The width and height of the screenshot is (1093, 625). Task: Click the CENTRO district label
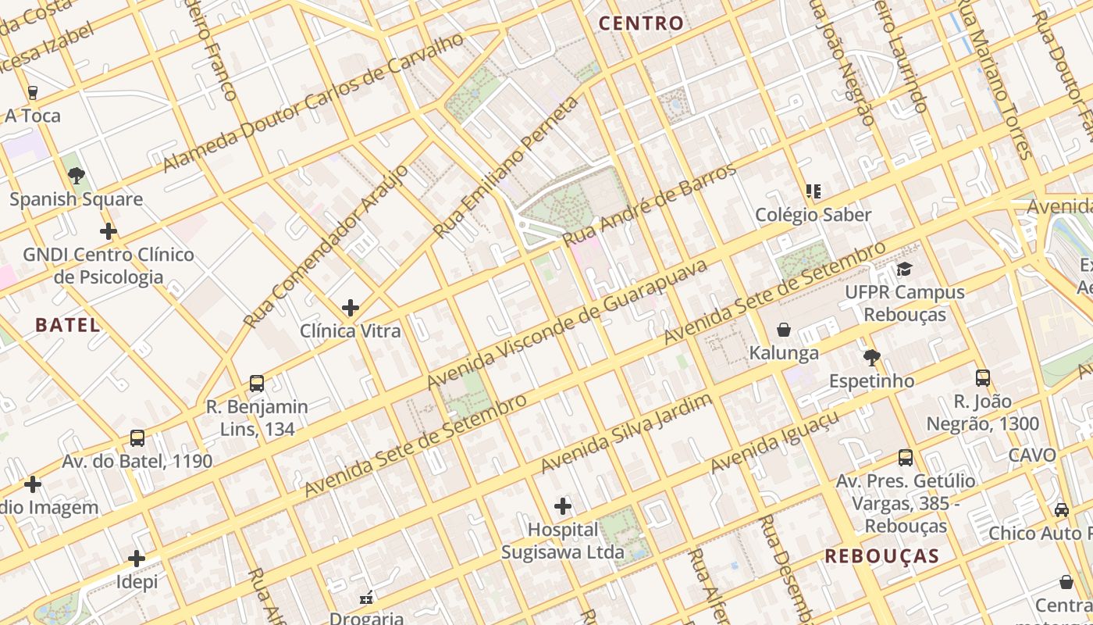(641, 23)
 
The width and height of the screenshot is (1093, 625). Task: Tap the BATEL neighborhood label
(68, 325)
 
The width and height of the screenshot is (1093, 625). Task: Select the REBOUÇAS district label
(881, 556)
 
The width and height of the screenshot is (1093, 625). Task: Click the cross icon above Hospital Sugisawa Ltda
(563, 506)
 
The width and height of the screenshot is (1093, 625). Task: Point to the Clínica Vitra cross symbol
(351, 308)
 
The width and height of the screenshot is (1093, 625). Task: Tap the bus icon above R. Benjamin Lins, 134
(257, 384)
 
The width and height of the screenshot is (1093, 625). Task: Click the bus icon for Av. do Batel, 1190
(137, 438)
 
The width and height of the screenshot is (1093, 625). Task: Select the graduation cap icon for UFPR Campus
(904, 270)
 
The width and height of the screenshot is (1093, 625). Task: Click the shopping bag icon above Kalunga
(784, 330)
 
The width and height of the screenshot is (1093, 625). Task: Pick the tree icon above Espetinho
(871, 358)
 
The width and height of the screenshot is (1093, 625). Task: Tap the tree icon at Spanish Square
(76, 176)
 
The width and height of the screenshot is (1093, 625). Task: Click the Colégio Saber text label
(813, 215)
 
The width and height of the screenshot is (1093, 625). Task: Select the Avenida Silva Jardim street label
(626, 434)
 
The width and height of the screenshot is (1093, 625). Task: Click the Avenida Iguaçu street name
(774, 442)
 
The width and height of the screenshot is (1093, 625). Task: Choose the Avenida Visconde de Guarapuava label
(567, 323)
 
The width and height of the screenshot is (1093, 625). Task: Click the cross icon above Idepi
(137, 559)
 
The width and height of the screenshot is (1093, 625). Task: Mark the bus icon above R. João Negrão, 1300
(983, 378)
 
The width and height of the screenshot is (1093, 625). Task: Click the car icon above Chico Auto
(1062, 509)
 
